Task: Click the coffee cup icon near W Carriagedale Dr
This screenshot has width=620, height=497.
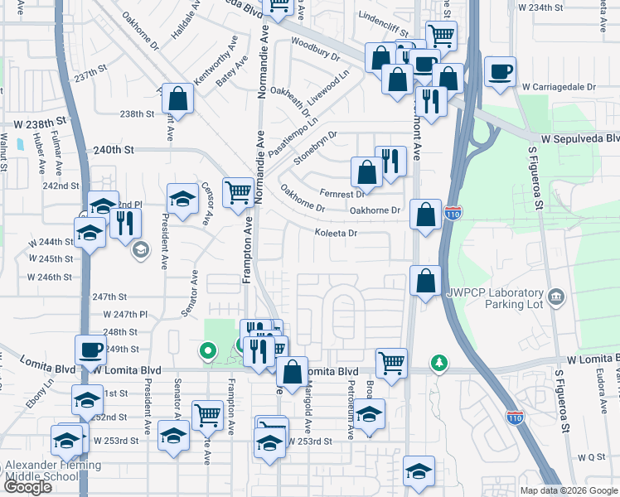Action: click(500, 72)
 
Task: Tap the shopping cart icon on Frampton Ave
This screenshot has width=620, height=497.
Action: click(238, 191)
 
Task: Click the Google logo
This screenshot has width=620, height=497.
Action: click(28, 487)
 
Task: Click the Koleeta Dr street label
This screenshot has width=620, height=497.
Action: click(335, 234)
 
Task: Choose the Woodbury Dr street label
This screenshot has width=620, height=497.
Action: click(316, 50)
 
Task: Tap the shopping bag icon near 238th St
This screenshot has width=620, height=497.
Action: click(178, 99)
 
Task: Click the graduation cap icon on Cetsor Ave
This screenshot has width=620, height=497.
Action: click(183, 200)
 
